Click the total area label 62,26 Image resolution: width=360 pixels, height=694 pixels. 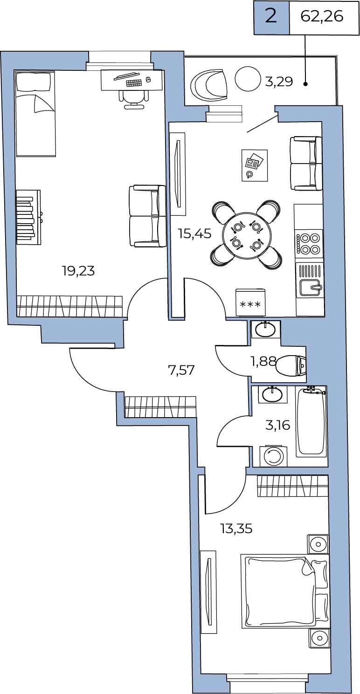point(322,16)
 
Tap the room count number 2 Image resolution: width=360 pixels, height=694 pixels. point(271,16)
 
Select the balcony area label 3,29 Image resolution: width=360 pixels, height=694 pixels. point(279,82)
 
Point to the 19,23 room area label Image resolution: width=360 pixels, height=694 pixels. point(78,271)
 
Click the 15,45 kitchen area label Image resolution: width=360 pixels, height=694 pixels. point(195,234)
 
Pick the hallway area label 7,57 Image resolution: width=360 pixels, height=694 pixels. point(181,370)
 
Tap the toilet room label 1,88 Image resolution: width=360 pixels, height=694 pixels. point(263,361)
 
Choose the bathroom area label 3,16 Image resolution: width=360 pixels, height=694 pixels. point(278,426)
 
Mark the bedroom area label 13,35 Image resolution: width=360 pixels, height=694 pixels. point(236,528)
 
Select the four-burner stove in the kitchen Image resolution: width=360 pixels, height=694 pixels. point(309,243)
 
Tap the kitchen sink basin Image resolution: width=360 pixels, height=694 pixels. point(310,287)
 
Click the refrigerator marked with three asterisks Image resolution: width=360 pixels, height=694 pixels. point(250,302)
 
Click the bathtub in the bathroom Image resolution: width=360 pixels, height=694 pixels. point(312,422)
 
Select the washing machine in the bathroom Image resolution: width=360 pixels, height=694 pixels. point(273,456)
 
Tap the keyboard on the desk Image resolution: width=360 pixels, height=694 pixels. point(134,83)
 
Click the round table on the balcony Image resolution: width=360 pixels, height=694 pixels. point(248,79)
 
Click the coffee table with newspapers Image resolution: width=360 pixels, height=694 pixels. point(255,165)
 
